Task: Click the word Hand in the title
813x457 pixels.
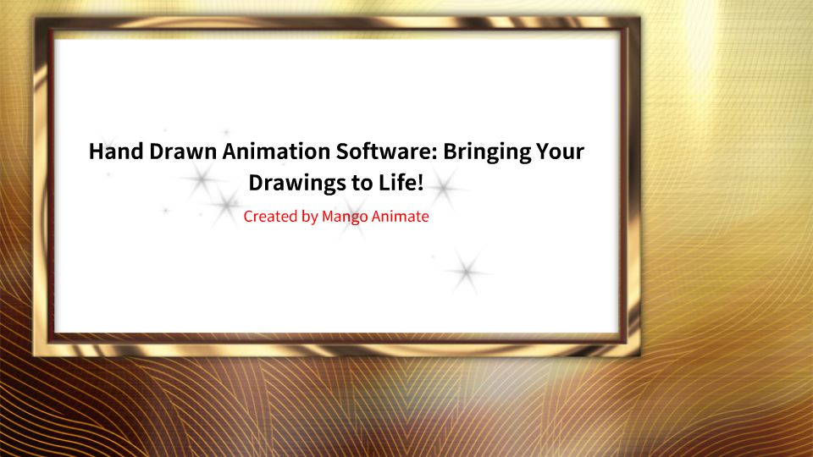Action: point(116,151)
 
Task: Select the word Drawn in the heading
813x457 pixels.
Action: point(183,151)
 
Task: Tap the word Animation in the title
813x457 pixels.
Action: point(276,151)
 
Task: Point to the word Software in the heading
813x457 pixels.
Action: point(383,151)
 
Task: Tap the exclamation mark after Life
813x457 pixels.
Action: point(420,183)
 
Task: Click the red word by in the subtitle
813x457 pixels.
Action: point(310,217)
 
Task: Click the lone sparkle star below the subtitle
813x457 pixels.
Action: point(467,272)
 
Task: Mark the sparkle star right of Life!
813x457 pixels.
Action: point(444,189)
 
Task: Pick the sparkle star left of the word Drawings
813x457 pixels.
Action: point(202,179)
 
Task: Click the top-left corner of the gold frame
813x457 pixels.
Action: point(34,18)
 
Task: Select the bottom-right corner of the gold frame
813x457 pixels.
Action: point(640,355)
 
